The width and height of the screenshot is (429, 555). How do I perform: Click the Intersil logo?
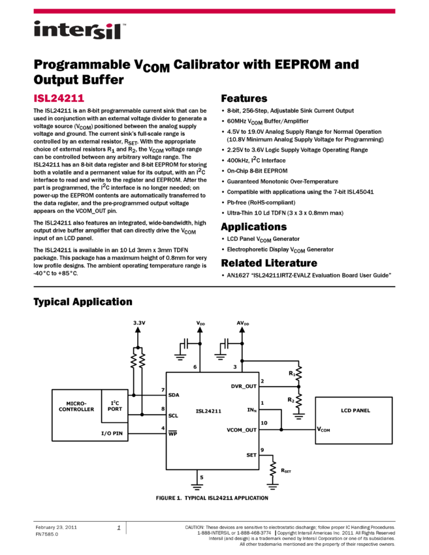(x=80, y=31)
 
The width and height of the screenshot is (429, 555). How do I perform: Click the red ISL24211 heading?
(x=59, y=99)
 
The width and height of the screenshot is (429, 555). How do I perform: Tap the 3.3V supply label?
(x=139, y=323)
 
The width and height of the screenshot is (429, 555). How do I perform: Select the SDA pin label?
(x=174, y=395)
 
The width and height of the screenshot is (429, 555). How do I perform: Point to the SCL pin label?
(x=173, y=415)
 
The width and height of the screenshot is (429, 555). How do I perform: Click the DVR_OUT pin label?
(x=244, y=386)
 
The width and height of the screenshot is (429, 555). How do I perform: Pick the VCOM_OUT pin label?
(x=242, y=430)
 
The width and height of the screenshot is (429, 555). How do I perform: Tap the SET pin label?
(x=251, y=454)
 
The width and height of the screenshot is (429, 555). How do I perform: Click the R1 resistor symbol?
(x=298, y=373)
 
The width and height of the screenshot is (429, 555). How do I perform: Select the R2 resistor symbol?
(x=298, y=400)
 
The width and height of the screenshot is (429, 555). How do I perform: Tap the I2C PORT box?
(x=115, y=405)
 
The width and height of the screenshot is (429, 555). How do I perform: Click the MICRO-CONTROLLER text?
(x=76, y=406)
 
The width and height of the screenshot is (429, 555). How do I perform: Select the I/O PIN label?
(x=112, y=434)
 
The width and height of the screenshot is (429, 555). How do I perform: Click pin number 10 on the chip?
(x=264, y=423)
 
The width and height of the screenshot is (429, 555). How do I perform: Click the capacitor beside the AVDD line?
(x=226, y=343)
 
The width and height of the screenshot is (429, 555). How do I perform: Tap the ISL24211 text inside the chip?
(x=208, y=411)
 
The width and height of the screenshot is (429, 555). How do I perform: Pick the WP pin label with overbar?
(x=173, y=434)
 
